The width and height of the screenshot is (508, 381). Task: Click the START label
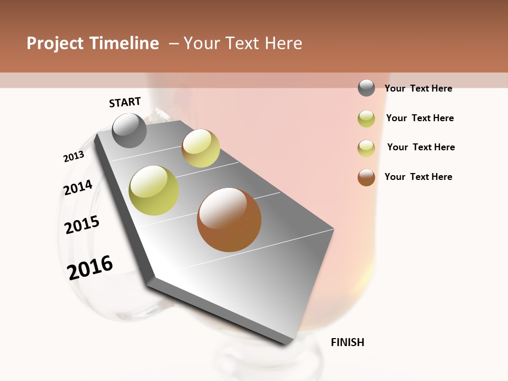pos(125,102)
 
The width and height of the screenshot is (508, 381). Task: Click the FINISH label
pos(347,342)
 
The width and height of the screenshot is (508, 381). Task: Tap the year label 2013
pos(74,156)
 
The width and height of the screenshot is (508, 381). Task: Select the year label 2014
pos(78,187)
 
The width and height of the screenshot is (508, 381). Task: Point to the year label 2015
pos(82,225)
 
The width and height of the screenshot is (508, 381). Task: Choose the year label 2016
pos(90,267)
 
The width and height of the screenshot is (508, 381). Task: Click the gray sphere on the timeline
pos(129,130)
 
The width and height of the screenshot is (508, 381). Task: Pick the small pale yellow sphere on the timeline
pos(201,148)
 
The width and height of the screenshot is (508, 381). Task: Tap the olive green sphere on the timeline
pos(154,190)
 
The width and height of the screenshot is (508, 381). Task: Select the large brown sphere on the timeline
pos(229,220)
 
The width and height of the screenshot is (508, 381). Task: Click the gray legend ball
pos(366,88)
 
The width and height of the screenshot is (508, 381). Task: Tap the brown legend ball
pos(366,177)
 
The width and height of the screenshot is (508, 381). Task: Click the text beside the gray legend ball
pos(418,88)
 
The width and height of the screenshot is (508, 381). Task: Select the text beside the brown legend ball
pos(418,177)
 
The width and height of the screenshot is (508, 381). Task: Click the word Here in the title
pos(283,43)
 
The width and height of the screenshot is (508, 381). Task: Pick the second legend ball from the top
pos(366,119)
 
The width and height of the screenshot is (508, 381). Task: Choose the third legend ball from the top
pos(366,148)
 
